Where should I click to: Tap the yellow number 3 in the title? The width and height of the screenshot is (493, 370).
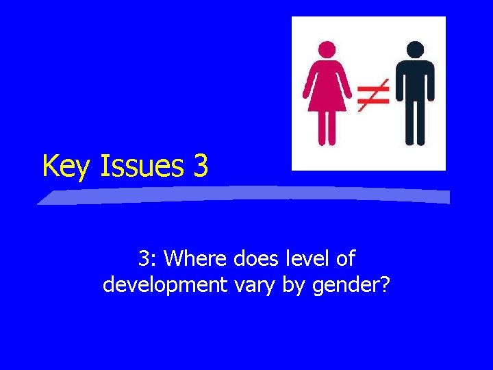pyautogui.click(x=200, y=166)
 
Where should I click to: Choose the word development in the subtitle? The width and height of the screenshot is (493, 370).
pyautogui.click(x=164, y=284)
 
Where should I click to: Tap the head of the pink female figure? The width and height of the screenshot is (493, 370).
pyautogui.click(x=327, y=49)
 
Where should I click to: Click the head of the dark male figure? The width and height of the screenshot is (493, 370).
pyautogui.click(x=414, y=49)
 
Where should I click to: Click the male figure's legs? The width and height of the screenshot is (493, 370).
pyautogui.click(x=414, y=127)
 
